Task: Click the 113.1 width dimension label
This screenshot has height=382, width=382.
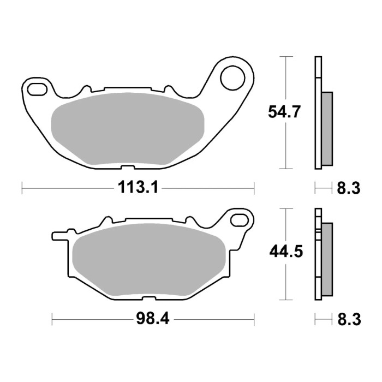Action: click(x=138, y=188)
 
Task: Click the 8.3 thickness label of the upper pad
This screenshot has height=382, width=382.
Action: click(x=349, y=189)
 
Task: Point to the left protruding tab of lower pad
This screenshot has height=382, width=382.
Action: click(x=57, y=236)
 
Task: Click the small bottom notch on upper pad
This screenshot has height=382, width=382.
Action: click(x=127, y=167)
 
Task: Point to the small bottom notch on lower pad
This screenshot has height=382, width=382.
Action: click(x=148, y=298)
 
